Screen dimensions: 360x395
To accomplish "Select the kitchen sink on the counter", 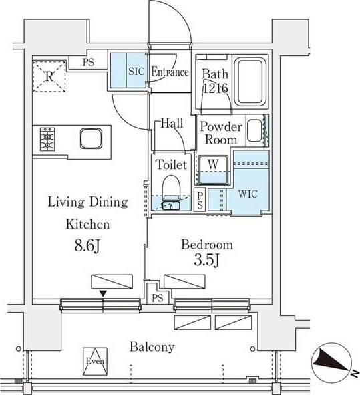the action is (91, 138).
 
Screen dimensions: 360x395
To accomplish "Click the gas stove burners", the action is (47, 139).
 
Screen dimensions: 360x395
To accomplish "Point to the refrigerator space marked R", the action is (49, 76).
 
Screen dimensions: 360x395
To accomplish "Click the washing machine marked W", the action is (213, 170).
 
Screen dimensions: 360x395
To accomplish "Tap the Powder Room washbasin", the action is (254, 130).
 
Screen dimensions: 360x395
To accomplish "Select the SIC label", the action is (136, 71).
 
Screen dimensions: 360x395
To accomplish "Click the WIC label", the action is (248, 194).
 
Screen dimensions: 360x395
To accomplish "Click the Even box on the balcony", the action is (95, 361).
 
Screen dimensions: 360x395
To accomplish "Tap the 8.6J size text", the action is (87, 245).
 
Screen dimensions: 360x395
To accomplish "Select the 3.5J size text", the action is (207, 260).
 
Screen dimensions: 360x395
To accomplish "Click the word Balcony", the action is (152, 347).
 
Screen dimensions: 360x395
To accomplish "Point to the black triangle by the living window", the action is (103, 293).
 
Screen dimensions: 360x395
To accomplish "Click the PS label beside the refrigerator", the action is (88, 62).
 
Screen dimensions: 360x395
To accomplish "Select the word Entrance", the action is (170, 72).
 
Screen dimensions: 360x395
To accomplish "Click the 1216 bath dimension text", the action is (216, 88).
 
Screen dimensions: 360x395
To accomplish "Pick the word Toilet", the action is (172, 165).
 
